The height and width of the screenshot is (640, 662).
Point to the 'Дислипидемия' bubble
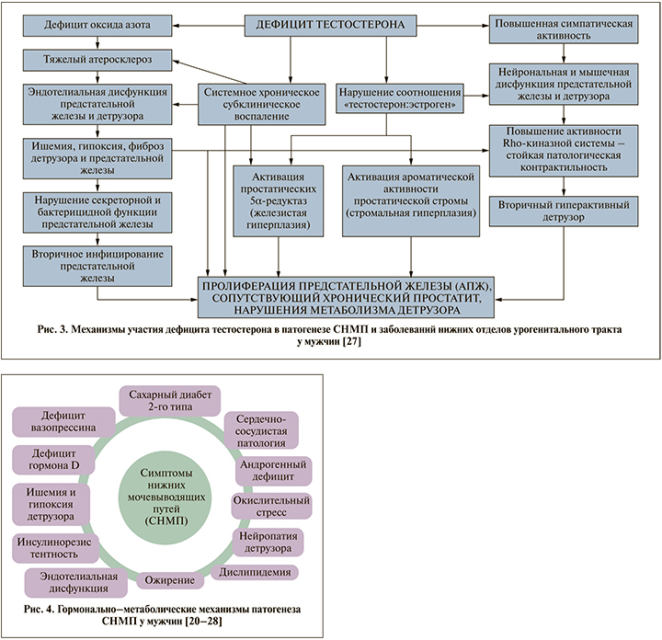[257, 571]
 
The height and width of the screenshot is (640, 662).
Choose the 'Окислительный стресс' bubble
[270, 505]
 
